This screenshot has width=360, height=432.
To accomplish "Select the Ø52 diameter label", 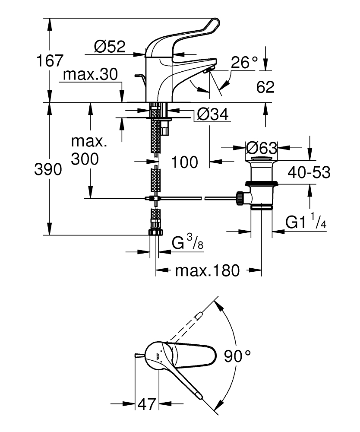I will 109,46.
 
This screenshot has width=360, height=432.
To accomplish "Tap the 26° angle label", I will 244,63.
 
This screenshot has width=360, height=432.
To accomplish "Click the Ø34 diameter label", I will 212,114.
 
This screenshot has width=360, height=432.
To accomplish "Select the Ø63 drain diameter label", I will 261,148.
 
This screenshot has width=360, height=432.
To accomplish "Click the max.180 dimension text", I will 207,271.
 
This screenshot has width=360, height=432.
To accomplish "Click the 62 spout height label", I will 265,87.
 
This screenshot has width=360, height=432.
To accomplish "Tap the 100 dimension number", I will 184,162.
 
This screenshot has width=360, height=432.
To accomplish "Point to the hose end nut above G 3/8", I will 155,232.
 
